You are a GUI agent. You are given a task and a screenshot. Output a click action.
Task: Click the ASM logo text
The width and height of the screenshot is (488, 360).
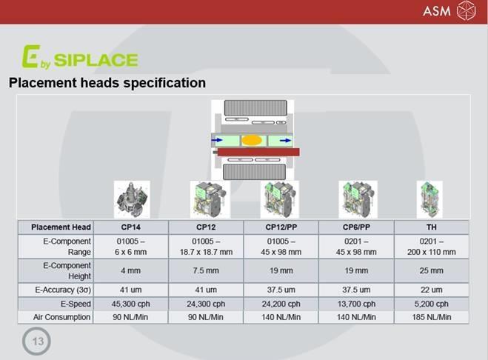(437, 11)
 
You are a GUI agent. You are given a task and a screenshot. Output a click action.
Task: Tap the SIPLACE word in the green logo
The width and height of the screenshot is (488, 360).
(96, 60)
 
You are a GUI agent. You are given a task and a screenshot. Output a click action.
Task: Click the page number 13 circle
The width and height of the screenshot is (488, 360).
(37, 341)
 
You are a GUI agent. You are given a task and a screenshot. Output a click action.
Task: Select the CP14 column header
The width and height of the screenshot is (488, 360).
(131, 227)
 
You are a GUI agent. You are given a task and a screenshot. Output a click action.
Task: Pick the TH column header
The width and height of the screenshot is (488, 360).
(432, 227)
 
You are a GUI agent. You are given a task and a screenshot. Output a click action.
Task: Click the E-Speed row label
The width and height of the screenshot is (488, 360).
(76, 304)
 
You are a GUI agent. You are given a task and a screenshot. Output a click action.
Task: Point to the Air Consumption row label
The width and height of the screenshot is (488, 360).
(61, 317)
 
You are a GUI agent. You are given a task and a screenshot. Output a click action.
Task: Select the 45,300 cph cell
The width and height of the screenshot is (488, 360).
(131, 304)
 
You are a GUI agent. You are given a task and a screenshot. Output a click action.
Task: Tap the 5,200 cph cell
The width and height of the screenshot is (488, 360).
(432, 304)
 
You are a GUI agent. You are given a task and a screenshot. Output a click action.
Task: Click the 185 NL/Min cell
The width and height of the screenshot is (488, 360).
(432, 317)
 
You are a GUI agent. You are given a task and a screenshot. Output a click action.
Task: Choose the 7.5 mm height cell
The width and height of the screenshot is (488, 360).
(206, 270)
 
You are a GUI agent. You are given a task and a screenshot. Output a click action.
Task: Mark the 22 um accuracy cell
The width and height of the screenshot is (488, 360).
(432, 290)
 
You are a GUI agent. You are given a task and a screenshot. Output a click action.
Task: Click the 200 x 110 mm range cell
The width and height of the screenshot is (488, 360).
(432, 252)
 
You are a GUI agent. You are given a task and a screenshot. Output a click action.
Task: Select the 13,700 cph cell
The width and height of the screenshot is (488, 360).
(356, 304)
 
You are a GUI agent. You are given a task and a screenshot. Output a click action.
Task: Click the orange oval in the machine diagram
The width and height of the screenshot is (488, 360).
(252, 141)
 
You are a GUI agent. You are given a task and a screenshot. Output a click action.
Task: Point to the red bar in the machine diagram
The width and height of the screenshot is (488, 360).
(258, 152)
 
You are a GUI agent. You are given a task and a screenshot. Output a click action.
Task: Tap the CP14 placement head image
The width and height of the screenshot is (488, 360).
(132, 199)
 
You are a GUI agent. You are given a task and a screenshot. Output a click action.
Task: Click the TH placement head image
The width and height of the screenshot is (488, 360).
(429, 199)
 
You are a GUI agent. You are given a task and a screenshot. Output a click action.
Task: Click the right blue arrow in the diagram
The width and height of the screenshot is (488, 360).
(285, 141)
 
